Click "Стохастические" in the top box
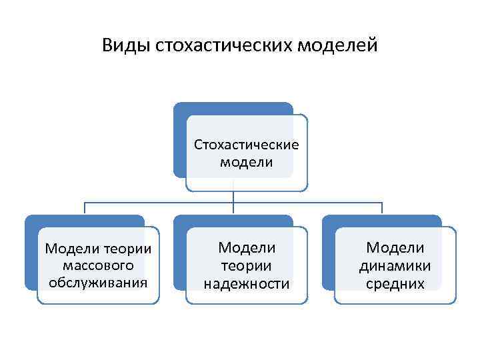pyautogui.click(x=247, y=144)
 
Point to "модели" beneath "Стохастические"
pyautogui.click(x=246, y=162)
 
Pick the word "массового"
pyautogui.click(x=98, y=265)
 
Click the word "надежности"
pyautogui.click(x=247, y=283)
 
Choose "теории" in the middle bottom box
pyautogui.click(x=247, y=265)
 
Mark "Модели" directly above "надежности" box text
pyautogui.click(x=247, y=247)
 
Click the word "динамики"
pyautogui.click(x=395, y=265)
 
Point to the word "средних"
pyautogui.click(x=395, y=283)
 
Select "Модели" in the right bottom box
pyautogui.click(x=395, y=247)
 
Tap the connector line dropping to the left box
pyautogui.click(x=85, y=208)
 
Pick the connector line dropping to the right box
pyautogui.click(x=382, y=208)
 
